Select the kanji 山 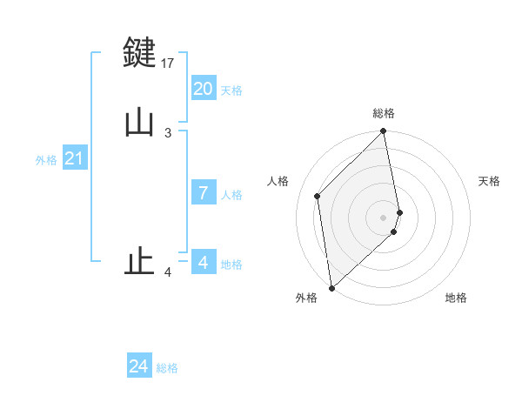[x=139, y=122]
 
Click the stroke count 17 [x=168, y=63]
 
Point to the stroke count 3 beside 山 [x=168, y=132]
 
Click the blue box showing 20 [x=204, y=88]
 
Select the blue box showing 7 [x=204, y=193]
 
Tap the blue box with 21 [x=74, y=158]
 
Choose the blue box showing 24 [x=139, y=366]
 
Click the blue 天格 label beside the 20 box [x=231, y=90]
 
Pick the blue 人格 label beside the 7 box [x=231, y=195]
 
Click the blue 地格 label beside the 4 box [x=231, y=265]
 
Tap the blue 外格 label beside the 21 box [x=46, y=160]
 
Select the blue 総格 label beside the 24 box [x=167, y=368]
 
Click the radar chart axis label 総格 [x=384, y=113]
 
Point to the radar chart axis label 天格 [x=489, y=181]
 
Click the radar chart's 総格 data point [x=384, y=132]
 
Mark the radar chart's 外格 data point [x=331, y=287]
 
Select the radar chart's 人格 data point [x=318, y=196]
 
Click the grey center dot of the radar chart [x=384, y=217]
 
